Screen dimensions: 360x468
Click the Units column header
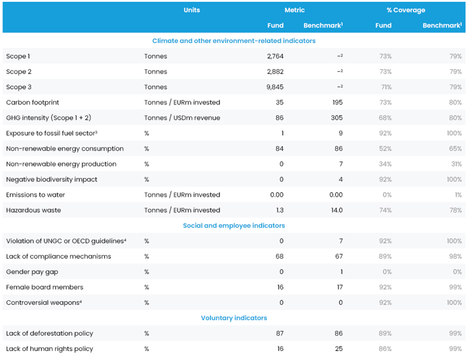point(191,10)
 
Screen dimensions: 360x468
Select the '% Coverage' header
point(405,10)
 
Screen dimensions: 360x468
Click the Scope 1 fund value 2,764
point(275,56)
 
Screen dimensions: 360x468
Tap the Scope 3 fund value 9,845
point(275,87)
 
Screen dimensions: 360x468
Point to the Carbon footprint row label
point(32,102)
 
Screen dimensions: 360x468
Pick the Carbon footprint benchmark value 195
point(337,102)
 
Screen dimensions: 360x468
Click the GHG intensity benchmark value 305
point(337,118)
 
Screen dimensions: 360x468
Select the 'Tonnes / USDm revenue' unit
point(182,118)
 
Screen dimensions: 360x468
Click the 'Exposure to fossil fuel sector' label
point(51,133)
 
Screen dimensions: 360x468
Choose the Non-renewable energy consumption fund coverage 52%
point(385,149)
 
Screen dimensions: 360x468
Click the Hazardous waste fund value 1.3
point(278,210)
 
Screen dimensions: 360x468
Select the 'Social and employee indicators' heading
point(233,225)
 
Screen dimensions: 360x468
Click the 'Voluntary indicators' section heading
point(233,318)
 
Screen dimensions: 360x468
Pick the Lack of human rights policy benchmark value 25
point(338,348)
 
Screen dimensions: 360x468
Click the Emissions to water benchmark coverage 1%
point(457,195)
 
